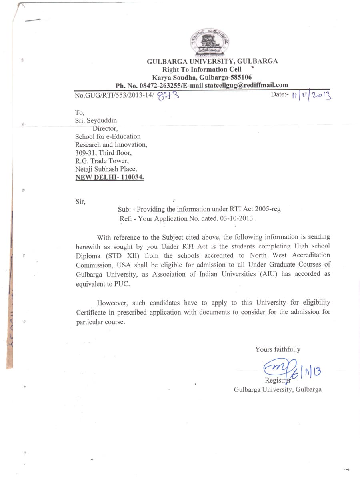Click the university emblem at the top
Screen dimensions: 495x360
click(x=210, y=42)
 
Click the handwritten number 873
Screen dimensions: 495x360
click(x=168, y=96)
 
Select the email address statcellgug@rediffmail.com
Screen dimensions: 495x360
click(x=246, y=85)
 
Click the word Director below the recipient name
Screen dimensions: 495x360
click(x=105, y=128)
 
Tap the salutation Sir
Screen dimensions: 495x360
click(x=80, y=201)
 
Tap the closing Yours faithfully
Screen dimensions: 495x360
click(x=278, y=349)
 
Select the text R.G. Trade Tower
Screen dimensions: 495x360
click(x=102, y=161)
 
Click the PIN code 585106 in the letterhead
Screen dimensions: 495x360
click(x=239, y=77)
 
